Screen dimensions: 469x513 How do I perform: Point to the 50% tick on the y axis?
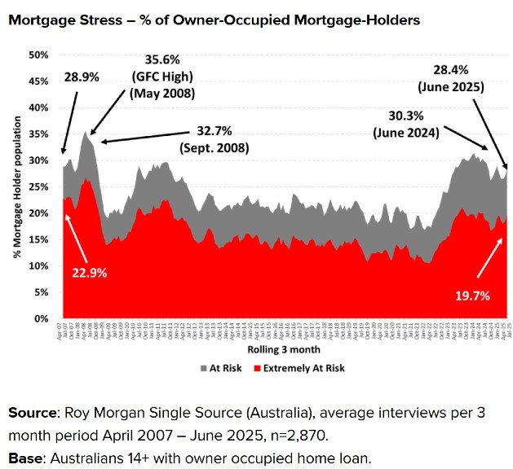39,55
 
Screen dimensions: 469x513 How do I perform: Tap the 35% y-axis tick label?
39,134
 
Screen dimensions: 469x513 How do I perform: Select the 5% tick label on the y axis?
42,292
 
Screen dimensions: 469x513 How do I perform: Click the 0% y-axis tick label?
42,318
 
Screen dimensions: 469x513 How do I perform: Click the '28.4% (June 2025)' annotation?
451,79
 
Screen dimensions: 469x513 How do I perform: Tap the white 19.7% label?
470,296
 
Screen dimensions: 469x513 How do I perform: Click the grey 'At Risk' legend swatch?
202,368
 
